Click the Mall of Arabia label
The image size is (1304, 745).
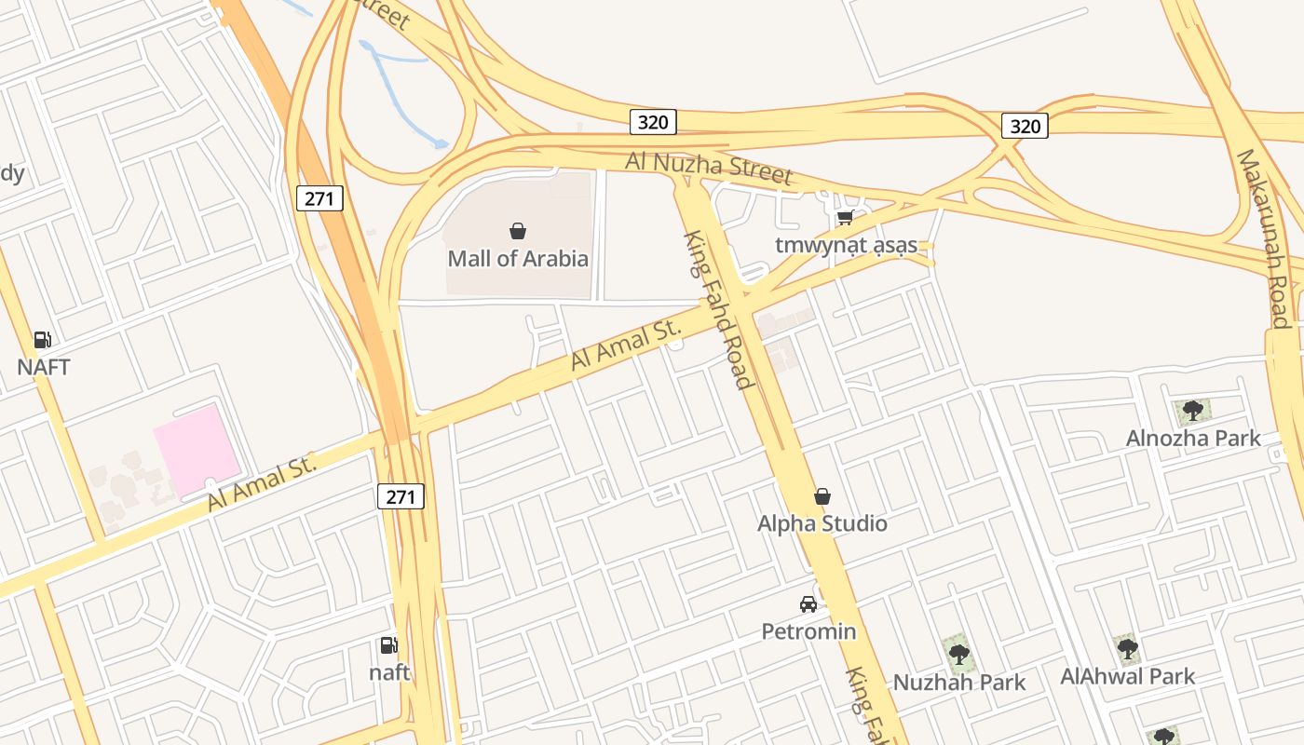518,258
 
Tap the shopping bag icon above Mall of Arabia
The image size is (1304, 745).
518,230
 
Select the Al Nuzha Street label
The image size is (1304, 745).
708,168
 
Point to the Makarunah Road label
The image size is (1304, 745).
1263,237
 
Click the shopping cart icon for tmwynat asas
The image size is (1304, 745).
845,217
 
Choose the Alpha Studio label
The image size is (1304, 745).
822,523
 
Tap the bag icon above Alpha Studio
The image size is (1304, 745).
822,496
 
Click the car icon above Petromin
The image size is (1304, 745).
808,604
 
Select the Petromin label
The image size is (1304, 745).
808,631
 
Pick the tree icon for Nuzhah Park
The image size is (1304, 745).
958,654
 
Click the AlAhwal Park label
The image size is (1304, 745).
1127,676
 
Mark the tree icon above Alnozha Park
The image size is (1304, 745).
1192,411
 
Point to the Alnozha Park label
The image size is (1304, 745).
1192,438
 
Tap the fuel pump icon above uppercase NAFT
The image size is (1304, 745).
42,340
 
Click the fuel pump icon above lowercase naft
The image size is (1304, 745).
388,644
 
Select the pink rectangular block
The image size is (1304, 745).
197,450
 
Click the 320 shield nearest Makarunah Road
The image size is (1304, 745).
1025,126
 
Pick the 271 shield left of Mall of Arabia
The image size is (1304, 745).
320,197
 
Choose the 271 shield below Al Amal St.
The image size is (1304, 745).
401,496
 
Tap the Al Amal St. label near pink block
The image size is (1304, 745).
263,481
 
